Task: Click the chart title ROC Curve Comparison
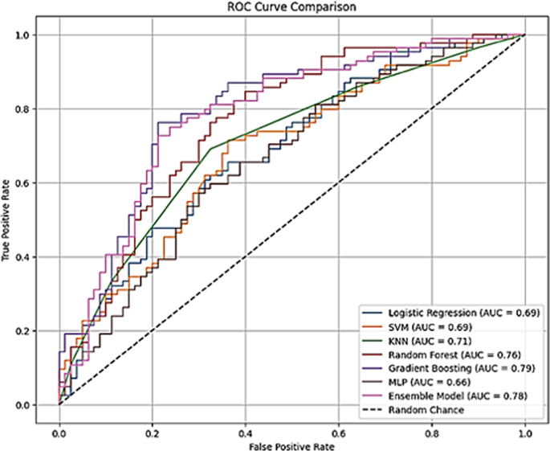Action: [x=291, y=6]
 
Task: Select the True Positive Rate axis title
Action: [x=6, y=220]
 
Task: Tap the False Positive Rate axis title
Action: [x=291, y=446]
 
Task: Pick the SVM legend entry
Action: [x=418, y=327]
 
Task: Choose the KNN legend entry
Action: [x=418, y=341]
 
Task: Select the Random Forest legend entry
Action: [x=442, y=355]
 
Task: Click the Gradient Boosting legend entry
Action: [x=450, y=368]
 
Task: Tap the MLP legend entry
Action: [x=417, y=382]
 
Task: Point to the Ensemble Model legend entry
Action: [x=445, y=396]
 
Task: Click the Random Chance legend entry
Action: [x=414, y=410]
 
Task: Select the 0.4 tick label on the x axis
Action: [x=246, y=434]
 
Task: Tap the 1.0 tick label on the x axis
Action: [x=525, y=434]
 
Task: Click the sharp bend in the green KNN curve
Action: [x=210, y=149]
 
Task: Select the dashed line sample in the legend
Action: [x=373, y=410]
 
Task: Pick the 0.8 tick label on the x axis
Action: [x=432, y=434]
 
